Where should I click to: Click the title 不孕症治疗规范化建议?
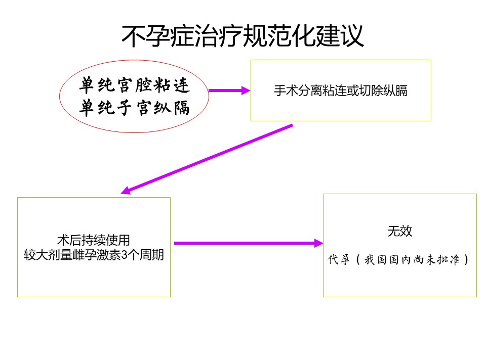tap(242, 36)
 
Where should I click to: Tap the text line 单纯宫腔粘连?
tap(134, 85)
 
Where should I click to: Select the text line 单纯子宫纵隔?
tap(134, 108)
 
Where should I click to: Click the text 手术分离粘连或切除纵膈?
tap(341, 90)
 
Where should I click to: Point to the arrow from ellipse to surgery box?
tap(229, 90)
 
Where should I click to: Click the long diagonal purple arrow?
tap(207, 159)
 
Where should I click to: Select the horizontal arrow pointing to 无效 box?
tap(249, 243)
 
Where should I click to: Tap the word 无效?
tap(400, 231)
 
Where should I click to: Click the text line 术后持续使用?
tap(94, 240)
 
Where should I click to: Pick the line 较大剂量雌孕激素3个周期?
tap(94, 255)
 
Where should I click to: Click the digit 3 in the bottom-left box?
tap(124, 255)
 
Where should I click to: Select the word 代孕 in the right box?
tap(339, 259)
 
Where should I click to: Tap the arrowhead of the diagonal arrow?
tap(126, 191)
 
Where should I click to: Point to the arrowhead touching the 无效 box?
tap(318, 243)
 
